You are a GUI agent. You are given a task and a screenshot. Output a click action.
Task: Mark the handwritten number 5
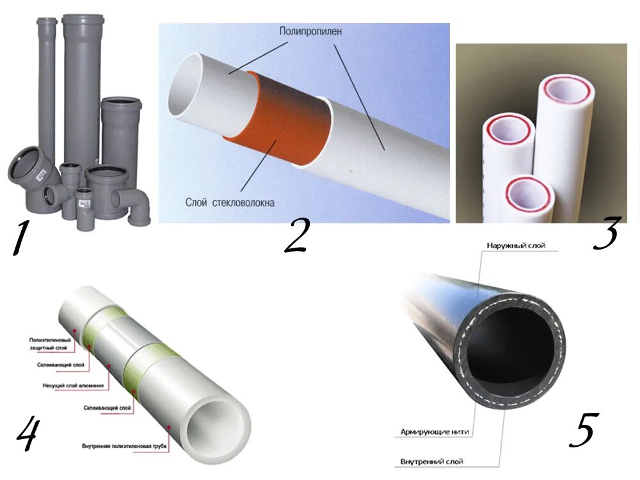(x=583, y=429)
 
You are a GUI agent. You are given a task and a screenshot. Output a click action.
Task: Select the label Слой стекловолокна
(x=230, y=203)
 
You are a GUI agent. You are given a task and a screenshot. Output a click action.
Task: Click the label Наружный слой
(x=516, y=246)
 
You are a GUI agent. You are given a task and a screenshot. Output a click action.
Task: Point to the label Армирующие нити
(x=435, y=432)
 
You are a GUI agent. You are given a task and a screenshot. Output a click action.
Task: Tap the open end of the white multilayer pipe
(x=220, y=428)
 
